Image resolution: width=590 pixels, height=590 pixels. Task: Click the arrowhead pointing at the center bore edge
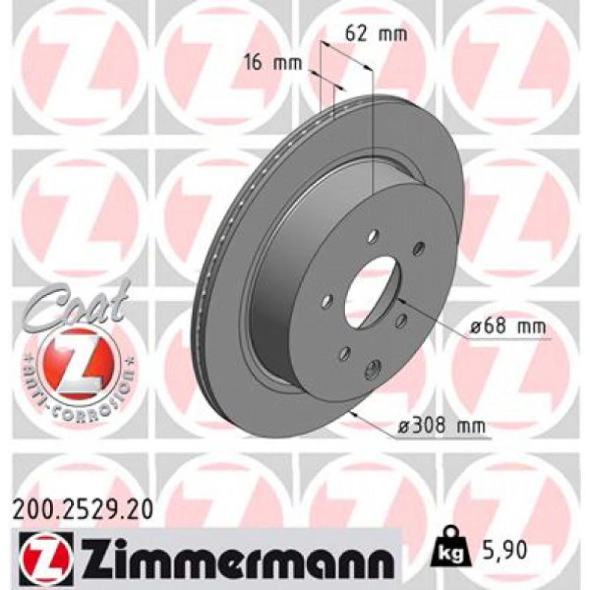point(401,301)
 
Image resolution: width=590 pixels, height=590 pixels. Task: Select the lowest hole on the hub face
point(372,369)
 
